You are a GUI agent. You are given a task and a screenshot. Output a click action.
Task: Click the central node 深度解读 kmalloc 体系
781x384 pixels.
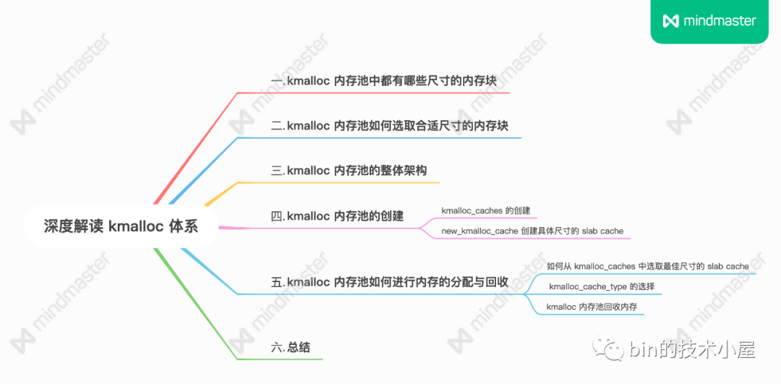[x=120, y=226]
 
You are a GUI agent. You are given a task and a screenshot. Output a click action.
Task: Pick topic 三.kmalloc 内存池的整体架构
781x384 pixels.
[x=349, y=171]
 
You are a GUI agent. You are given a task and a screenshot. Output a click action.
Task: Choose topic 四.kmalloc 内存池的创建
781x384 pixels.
[x=337, y=216]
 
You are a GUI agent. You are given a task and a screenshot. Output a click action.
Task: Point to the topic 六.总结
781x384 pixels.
[x=290, y=347]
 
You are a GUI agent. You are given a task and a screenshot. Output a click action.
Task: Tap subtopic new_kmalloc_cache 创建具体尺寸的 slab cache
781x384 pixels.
[x=532, y=231]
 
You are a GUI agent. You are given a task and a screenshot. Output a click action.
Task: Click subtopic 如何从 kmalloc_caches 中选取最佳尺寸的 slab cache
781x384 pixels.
[x=647, y=266]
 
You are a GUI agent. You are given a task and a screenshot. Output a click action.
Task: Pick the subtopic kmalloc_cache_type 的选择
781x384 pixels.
[x=602, y=287]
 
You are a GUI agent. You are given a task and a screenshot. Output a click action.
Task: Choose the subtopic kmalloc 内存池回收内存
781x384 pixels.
[x=592, y=307]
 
